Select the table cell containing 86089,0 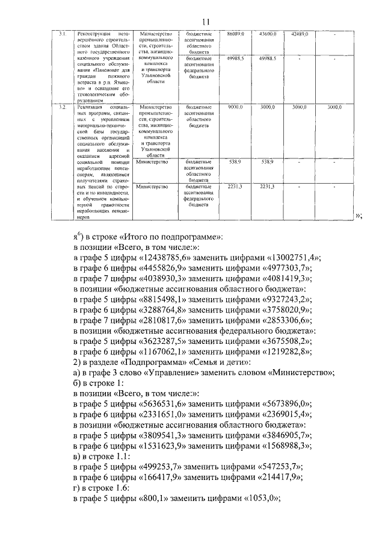pos(235,34)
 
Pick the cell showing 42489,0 pos(299,34)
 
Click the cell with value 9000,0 pos(235,107)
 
